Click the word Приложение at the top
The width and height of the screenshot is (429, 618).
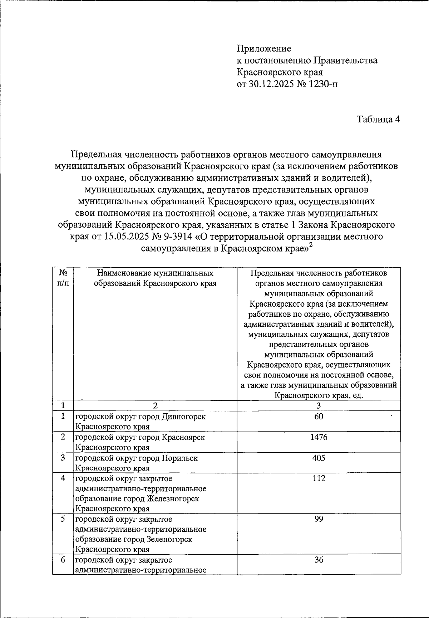264,48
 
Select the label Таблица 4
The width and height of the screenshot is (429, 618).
378,120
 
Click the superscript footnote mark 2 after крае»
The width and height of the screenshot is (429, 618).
311,245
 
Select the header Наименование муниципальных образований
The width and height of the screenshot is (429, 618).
155,278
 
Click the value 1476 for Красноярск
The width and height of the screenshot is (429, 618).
319,437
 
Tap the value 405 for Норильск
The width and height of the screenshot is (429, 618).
319,458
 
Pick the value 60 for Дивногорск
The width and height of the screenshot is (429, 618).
319,417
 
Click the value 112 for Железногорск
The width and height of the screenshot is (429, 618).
319,478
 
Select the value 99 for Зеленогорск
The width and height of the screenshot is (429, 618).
319,519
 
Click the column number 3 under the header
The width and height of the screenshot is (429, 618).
319,405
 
